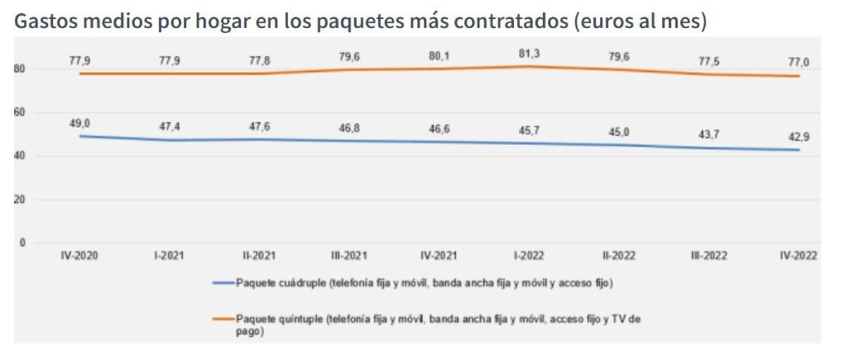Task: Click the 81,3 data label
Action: [528, 52]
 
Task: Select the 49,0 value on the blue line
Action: [79, 124]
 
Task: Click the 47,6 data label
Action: [258, 128]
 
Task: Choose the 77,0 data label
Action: [798, 63]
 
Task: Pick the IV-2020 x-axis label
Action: [79, 256]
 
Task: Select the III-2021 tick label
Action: [349, 256]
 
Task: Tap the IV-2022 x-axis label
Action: [798, 256]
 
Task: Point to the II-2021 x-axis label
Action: [258, 256]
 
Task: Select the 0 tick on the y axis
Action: [22, 243]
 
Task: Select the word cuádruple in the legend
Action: [299, 283]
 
